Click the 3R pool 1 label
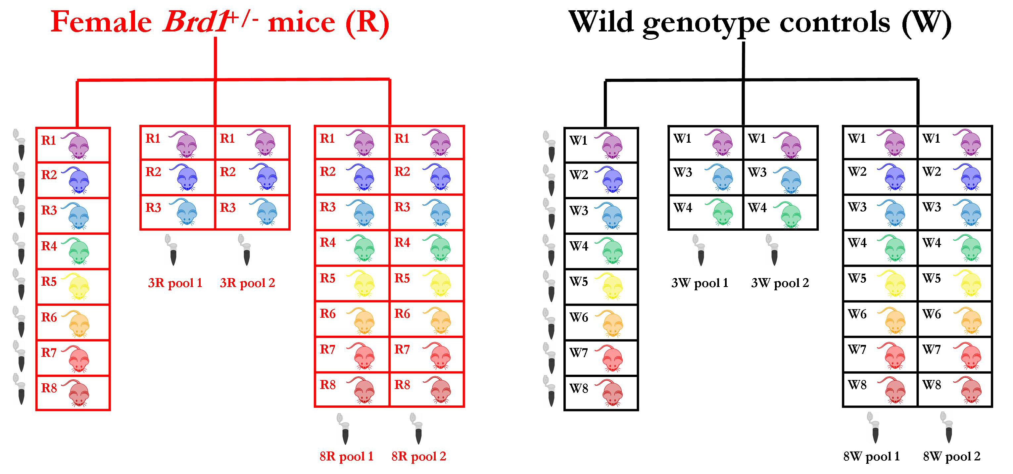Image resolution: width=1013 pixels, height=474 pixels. (175, 283)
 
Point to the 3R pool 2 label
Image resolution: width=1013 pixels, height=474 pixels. (247, 283)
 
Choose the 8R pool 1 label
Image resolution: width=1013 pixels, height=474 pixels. (347, 456)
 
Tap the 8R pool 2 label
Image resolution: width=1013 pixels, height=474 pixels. (419, 456)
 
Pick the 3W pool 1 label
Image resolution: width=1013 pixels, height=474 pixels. (699, 283)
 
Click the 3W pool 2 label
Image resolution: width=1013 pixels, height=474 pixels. (780, 283)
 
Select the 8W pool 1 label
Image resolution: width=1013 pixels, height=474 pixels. (871, 456)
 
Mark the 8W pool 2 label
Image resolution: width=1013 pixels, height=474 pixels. (952, 456)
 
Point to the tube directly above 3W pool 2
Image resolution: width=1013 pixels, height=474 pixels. (773, 250)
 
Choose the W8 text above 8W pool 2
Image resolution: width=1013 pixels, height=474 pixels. (932, 385)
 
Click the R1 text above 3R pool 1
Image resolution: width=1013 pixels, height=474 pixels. (153, 138)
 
